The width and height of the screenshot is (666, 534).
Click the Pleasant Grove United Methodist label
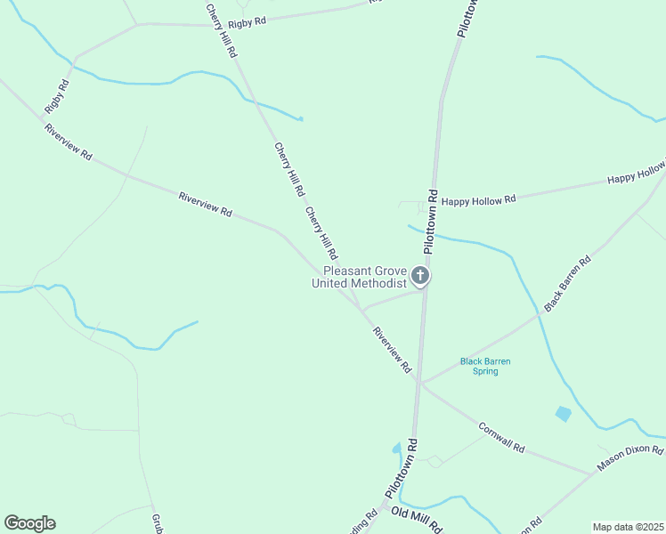coord(364,277)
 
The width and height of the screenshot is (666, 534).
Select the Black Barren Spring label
coord(485,366)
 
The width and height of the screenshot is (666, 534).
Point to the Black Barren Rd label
coord(568,284)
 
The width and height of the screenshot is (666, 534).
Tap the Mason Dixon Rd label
coord(630,460)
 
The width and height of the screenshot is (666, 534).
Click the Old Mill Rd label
coord(416,521)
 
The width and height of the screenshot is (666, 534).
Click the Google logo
coord(29,523)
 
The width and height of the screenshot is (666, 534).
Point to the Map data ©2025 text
coord(627,527)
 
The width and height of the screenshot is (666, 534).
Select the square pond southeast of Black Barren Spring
coord(563,413)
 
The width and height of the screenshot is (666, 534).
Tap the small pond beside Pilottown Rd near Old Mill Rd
coord(396,449)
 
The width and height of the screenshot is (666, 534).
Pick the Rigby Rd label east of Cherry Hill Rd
coord(248,22)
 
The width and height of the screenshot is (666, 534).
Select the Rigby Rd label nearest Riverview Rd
coord(56,96)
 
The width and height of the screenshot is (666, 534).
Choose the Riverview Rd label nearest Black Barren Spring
coord(393,350)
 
